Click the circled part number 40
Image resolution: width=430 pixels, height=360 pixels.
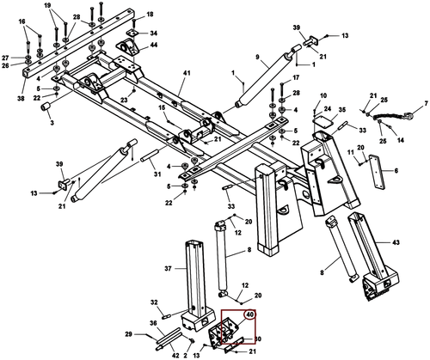click(x=250, y=314)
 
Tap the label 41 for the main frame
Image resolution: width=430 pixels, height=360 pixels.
click(x=187, y=73)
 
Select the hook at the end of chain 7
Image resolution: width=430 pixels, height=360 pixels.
click(x=408, y=115)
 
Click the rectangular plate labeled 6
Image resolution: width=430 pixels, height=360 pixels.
click(x=377, y=172)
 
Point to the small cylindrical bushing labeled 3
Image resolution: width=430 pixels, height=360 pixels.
click(x=46, y=107)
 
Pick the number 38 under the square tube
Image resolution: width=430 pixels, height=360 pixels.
click(x=21, y=99)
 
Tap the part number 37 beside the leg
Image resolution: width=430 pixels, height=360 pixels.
click(x=168, y=269)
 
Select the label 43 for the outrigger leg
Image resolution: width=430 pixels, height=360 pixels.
click(x=396, y=242)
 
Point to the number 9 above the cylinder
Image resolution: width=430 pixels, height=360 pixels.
click(x=257, y=58)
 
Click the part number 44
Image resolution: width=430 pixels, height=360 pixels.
click(x=153, y=45)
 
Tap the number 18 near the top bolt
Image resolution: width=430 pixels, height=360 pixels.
click(x=150, y=14)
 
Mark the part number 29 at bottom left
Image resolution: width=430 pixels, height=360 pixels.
click(x=129, y=334)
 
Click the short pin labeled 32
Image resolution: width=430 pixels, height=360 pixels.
click(x=167, y=317)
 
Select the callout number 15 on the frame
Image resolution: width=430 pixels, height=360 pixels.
click(x=162, y=107)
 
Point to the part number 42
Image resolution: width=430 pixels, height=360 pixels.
click(x=175, y=356)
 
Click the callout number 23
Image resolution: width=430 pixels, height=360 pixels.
click(x=124, y=101)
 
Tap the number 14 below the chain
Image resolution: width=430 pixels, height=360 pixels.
click(x=401, y=140)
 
